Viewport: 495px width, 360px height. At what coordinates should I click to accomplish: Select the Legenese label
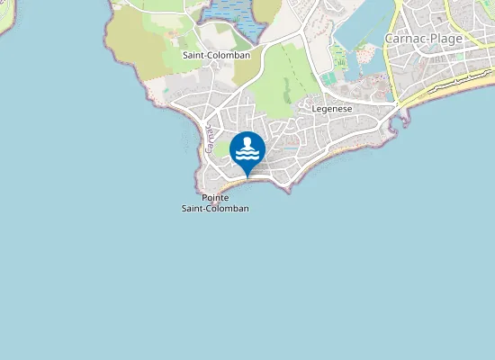331,108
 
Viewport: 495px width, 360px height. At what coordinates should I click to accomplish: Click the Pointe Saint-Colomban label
215,202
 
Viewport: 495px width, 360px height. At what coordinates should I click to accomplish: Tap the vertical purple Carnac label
208,141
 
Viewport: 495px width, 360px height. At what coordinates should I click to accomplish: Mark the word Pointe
215,197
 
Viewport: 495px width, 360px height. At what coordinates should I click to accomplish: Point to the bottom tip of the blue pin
247,177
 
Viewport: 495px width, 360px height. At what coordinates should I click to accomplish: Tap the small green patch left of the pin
221,148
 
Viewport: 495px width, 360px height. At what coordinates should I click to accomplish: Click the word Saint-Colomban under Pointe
215,208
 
